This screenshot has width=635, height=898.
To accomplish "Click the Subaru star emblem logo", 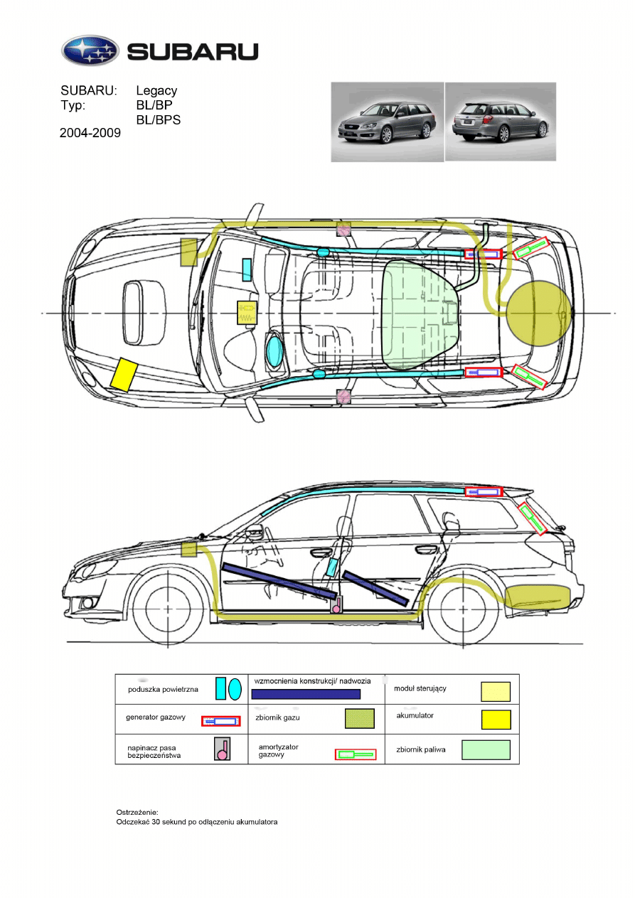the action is click(90, 50).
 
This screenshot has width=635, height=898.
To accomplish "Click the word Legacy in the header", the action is click(156, 91).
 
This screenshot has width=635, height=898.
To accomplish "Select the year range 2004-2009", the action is click(90, 133).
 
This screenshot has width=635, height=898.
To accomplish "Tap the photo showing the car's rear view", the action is click(501, 122).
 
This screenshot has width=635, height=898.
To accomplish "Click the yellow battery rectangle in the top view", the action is click(124, 375).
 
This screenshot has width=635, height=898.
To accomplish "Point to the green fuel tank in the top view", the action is click(420, 314).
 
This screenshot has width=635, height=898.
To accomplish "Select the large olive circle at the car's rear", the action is click(539, 313).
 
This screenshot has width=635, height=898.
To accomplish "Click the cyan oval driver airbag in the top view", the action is click(274, 351).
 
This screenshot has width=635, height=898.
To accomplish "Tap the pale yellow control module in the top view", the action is click(247, 312).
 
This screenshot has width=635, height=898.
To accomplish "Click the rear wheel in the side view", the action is click(463, 609).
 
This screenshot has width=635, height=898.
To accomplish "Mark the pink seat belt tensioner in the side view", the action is click(336, 604).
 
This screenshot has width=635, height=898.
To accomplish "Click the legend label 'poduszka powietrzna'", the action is click(163, 690).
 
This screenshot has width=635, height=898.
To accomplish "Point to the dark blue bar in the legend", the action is click(306, 694).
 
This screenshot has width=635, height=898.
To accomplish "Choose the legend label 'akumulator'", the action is click(415, 715).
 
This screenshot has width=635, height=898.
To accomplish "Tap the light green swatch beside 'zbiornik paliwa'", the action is click(486, 749).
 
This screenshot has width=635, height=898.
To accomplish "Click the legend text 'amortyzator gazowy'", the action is click(278, 751).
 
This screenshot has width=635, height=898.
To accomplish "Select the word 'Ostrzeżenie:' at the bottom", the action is click(137, 812).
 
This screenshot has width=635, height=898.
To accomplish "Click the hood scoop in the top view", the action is click(144, 313).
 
